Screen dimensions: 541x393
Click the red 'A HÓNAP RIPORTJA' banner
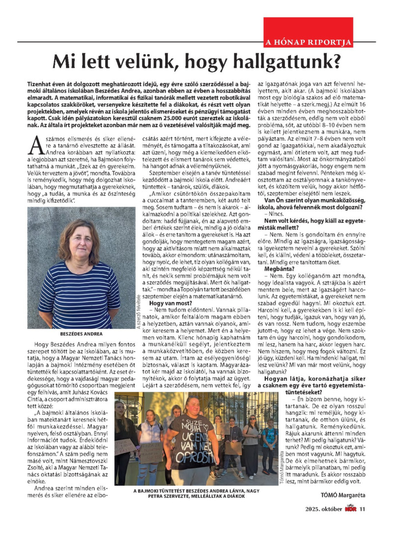pyautogui.click(x=308, y=42)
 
